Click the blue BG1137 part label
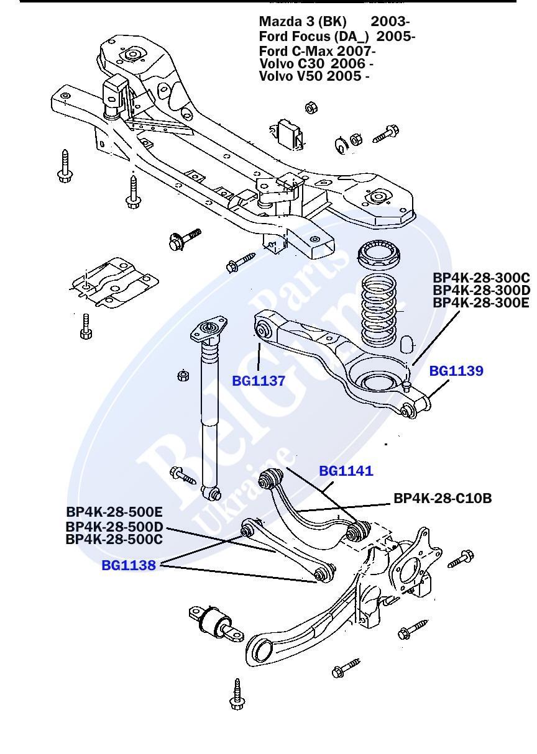coord(258,381)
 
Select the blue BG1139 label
coord(456,371)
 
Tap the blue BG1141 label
coord(346,471)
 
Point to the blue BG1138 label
coord(129,566)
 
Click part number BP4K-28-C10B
coord(443,498)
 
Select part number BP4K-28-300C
coord(481,278)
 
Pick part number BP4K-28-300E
coord(481,303)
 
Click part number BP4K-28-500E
coord(114,512)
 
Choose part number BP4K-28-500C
coord(114,539)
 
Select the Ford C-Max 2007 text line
coord(317,50)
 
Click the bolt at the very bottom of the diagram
coord(237,694)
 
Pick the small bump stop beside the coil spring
coord(407,345)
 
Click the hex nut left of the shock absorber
coord(183,376)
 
